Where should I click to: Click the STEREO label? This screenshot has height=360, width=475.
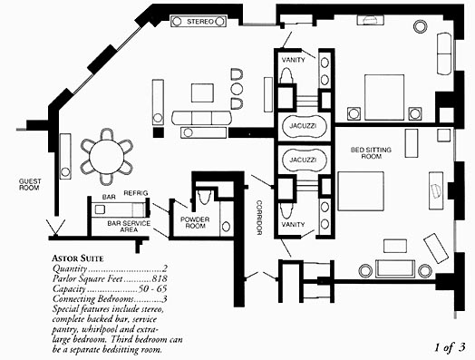point(200,22)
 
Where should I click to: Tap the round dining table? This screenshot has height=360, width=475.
point(107,157)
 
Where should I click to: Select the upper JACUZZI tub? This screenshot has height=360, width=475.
point(305,126)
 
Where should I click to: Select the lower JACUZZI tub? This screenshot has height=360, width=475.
point(305,160)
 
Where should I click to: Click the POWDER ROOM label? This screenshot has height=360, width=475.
point(195,222)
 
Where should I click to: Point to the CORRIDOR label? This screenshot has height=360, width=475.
point(259,218)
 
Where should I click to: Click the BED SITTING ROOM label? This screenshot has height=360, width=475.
point(371,153)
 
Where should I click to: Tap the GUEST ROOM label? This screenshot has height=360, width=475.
point(30,184)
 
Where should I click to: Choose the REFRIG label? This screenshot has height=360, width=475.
point(136,193)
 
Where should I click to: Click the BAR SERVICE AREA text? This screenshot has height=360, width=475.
point(129,227)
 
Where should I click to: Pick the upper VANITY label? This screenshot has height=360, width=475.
point(293,60)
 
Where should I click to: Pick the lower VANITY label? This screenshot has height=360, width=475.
point(293,225)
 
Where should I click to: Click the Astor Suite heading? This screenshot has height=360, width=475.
point(78,258)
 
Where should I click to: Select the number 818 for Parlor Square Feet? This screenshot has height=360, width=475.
point(160,278)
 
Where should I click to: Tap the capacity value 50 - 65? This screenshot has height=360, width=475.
point(152,288)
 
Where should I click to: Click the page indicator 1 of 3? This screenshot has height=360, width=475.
point(450,347)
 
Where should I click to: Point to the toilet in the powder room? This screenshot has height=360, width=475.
point(204,197)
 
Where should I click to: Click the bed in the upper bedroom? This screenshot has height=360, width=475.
point(384,97)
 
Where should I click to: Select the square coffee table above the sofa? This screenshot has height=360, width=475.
point(202,92)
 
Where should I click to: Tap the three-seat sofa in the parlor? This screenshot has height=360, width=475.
point(201,118)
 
